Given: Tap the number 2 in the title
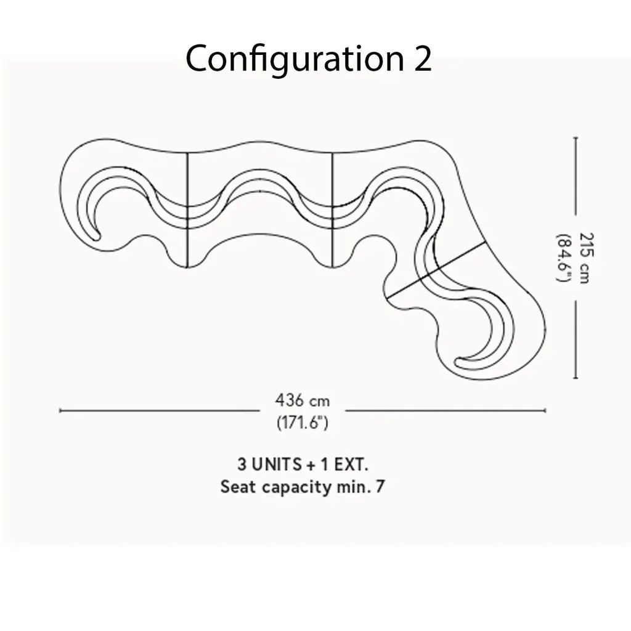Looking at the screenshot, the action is click(422, 59).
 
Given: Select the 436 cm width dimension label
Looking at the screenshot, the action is click(303, 401).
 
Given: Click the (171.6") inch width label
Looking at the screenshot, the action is click(303, 422).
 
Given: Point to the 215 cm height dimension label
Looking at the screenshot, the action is click(586, 258).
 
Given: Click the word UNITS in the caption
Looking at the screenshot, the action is click(277, 465).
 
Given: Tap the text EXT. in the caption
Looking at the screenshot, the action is click(351, 465).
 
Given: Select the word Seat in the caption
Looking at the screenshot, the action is click(238, 487).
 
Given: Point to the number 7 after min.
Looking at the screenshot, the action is click(380, 487).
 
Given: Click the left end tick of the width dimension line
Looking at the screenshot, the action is click(60, 410).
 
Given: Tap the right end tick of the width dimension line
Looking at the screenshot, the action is click(545, 410).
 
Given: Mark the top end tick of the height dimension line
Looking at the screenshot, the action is click(576, 137).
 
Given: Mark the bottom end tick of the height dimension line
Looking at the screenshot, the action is click(576, 378).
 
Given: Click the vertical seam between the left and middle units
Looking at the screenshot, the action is click(187, 210).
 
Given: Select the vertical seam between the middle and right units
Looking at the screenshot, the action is click(332, 210).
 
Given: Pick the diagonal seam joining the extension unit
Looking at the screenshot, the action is click(436, 270).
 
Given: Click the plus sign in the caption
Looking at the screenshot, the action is click(311, 465).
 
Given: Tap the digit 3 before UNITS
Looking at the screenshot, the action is click(242, 465).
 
